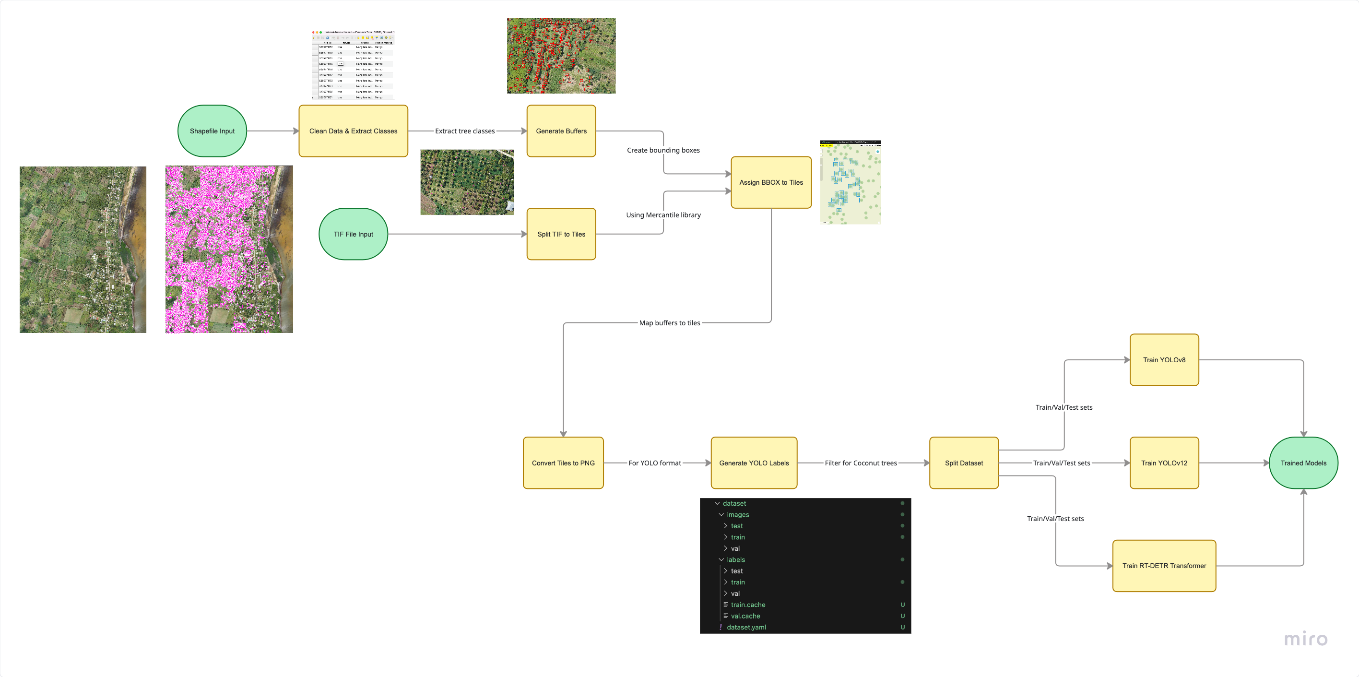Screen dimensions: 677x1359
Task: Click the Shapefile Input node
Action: click(x=212, y=131)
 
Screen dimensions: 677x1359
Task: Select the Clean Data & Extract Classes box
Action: click(x=353, y=131)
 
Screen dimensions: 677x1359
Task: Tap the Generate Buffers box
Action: click(x=561, y=131)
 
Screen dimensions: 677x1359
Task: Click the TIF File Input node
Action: click(x=353, y=234)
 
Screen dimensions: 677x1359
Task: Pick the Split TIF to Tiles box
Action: click(x=561, y=234)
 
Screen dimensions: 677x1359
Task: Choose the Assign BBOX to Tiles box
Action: click(x=771, y=182)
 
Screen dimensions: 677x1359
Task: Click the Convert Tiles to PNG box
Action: click(x=563, y=463)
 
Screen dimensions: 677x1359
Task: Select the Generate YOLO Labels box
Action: click(x=754, y=463)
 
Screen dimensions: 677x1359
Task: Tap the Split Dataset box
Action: click(x=963, y=463)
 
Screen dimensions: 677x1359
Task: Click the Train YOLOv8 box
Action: click(x=1164, y=360)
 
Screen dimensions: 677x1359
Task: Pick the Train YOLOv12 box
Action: click(x=1164, y=463)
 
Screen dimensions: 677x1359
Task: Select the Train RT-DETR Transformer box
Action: click(x=1164, y=566)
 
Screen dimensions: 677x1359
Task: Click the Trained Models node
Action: click(x=1303, y=463)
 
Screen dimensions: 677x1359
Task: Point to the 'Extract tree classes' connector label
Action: click(x=465, y=131)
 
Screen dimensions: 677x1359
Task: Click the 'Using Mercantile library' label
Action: click(x=663, y=215)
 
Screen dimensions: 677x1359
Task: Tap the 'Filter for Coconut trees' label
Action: click(x=861, y=463)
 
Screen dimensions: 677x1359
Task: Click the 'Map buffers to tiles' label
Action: click(x=670, y=323)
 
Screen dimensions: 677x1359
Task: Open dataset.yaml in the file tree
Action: click(x=746, y=627)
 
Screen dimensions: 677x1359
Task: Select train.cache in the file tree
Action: click(x=747, y=605)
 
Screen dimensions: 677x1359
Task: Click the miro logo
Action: click(x=1305, y=639)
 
